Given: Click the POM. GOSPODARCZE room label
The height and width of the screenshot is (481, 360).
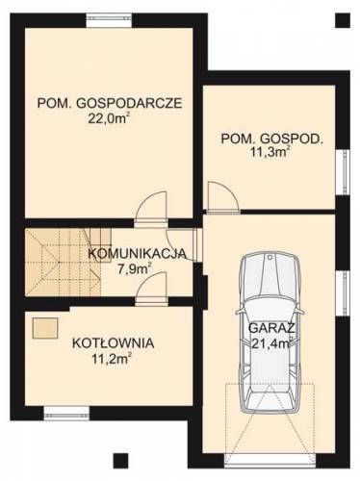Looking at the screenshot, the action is click(x=110, y=103).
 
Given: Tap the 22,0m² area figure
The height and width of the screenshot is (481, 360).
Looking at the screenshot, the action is click(x=109, y=118).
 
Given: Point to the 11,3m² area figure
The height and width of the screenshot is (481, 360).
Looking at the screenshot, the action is click(x=270, y=151).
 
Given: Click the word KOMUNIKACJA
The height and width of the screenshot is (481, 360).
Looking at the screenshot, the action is click(x=138, y=253).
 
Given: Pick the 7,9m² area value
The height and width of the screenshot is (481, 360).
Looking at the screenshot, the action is click(x=135, y=268).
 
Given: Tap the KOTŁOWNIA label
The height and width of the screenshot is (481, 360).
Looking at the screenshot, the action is click(x=114, y=342).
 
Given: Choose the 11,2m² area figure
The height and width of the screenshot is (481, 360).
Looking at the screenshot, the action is click(x=112, y=359).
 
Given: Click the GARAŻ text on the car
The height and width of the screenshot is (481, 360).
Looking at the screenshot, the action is click(x=271, y=328).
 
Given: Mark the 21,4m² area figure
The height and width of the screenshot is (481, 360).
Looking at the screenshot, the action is click(x=271, y=343).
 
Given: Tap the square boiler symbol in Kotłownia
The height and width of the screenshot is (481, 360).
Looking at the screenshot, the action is click(x=45, y=328).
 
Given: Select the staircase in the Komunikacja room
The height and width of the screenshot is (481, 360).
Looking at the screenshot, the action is click(x=64, y=262).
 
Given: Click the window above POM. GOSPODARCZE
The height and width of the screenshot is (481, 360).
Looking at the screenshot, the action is click(x=109, y=20).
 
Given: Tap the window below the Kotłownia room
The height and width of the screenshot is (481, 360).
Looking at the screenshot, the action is click(x=66, y=414).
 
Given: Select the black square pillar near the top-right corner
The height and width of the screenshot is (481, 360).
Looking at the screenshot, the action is click(x=343, y=20).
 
